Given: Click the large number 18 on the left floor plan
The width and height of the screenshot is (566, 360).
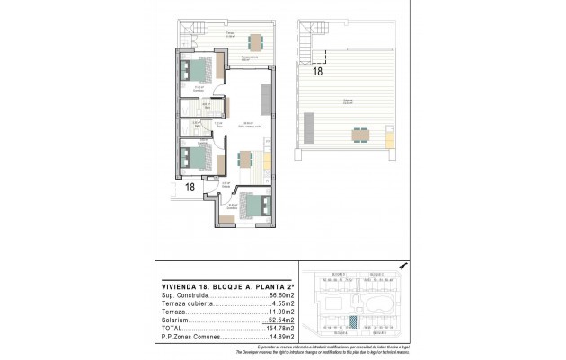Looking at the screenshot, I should pos(190,187).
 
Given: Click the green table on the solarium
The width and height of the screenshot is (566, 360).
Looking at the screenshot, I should pos(360,135).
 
